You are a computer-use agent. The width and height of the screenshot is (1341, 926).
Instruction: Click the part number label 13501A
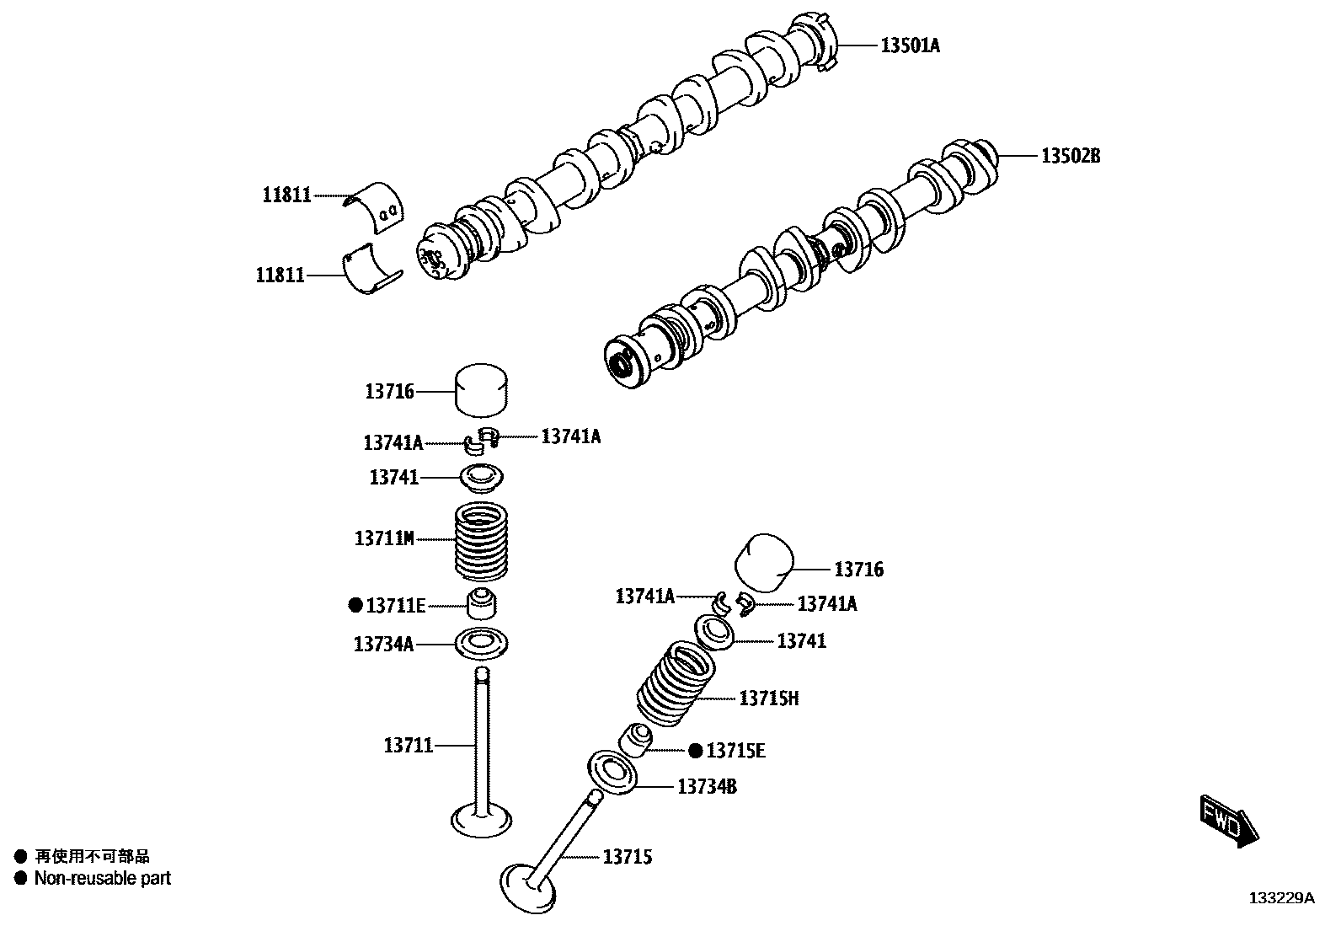[x=910, y=45]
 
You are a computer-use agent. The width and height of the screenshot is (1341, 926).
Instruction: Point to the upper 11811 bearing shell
[x=377, y=206]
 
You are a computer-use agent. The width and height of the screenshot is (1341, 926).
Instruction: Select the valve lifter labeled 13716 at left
[x=484, y=390]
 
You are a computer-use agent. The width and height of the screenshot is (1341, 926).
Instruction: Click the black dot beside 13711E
[x=355, y=605]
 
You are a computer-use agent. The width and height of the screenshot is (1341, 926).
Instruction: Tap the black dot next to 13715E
[x=696, y=751]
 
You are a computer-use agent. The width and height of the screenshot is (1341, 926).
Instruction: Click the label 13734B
[x=708, y=787]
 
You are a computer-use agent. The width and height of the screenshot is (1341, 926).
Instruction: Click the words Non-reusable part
[x=102, y=879]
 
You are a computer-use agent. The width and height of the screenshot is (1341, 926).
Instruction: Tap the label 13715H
[x=768, y=699]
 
